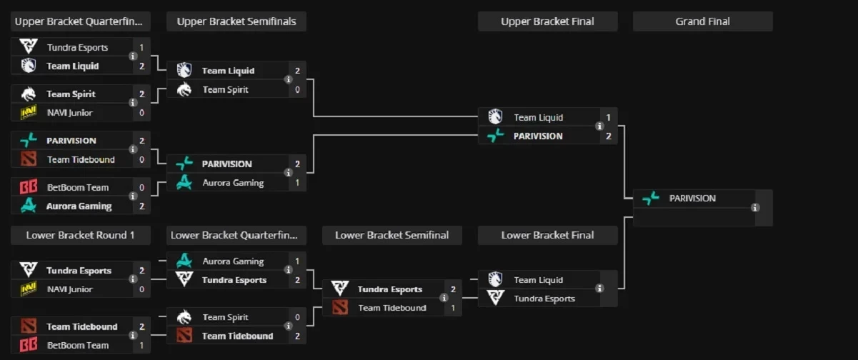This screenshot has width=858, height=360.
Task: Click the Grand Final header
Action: coord(702,21)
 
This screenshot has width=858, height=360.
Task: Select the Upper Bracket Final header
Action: coord(547,21)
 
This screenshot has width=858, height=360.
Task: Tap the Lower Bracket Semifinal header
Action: coord(391,235)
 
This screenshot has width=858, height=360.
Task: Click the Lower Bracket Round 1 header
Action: coord(80,235)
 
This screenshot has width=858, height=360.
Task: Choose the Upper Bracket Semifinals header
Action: coord(236,21)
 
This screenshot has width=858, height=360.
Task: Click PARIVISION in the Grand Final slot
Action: coord(692,199)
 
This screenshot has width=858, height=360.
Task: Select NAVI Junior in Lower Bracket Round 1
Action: coord(69,289)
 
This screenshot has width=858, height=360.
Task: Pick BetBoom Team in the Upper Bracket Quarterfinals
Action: coord(77,187)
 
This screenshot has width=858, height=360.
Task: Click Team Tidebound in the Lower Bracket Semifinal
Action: coord(391,308)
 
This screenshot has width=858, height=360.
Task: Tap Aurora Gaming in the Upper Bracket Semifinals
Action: coord(233,183)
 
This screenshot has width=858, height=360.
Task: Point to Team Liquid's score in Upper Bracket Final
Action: coord(608,117)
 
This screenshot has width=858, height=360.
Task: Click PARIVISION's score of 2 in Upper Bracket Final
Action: coord(608,136)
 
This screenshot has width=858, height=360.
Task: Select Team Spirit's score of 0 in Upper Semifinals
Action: coord(296,89)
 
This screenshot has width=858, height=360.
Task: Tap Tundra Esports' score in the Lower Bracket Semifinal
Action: coord(452,289)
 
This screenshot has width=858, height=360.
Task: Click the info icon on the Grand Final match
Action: coord(755,208)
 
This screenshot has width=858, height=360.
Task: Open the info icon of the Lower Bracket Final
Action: coord(599,289)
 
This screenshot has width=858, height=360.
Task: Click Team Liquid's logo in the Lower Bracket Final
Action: coord(496,279)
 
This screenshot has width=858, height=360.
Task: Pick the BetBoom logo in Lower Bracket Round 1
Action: coord(29,345)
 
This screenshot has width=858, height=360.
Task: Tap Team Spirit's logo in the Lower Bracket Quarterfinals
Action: coord(184,317)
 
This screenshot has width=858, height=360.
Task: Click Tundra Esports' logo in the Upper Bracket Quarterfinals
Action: coord(29,47)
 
